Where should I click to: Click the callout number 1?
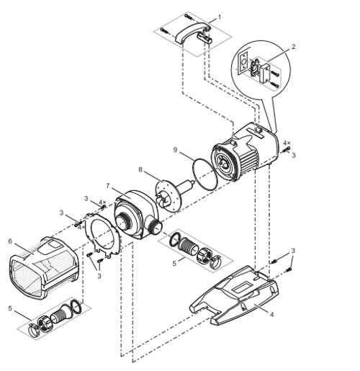click(219, 16)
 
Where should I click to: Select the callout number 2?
click(293, 48)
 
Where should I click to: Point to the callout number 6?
click(11, 241)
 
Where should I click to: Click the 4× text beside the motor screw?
click(287, 143)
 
